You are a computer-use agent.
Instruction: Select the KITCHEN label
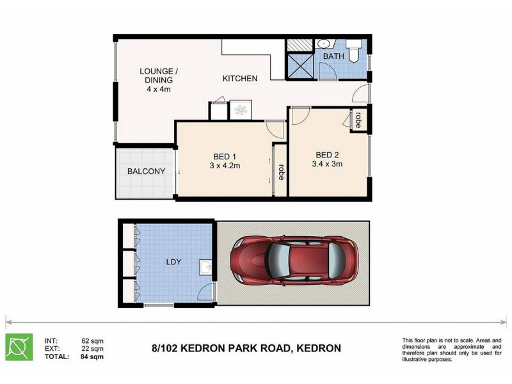tap(240, 79)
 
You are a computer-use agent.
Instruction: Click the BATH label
tap(333, 56)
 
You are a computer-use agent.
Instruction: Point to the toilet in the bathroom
tap(353, 49)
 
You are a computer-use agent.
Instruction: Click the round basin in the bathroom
tap(324, 44)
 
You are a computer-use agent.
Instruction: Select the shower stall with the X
tap(298, 65)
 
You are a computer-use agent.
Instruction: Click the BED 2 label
tap(327, 154)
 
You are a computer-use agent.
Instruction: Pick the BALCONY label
tap(146, 172)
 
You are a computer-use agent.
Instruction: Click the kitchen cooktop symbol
tap(241, 110)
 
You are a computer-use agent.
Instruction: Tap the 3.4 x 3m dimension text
tap(327, 164)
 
